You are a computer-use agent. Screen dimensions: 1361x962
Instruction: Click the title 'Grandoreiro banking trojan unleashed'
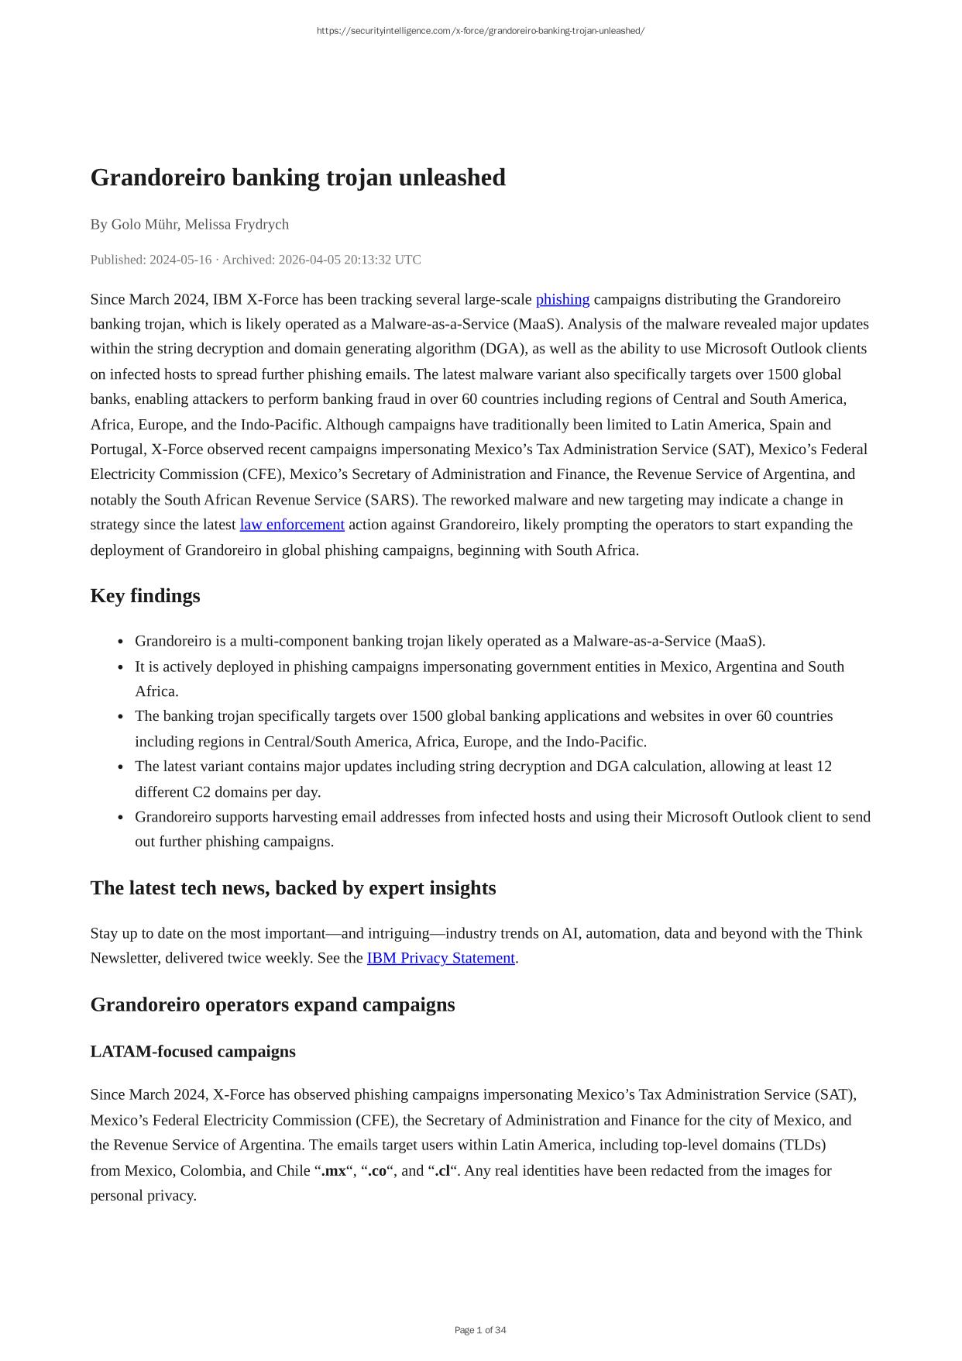[x=297, y=177]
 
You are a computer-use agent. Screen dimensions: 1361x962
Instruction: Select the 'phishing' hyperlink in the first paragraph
[x=562, y=299]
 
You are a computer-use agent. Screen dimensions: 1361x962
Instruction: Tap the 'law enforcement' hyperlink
[x=292, y=525]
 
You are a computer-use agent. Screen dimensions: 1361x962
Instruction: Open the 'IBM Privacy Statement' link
[x=441, y=958]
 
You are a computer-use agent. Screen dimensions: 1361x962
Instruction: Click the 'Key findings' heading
[x=145, y=596]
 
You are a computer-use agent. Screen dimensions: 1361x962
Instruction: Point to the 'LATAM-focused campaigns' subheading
[x=193, y=1052]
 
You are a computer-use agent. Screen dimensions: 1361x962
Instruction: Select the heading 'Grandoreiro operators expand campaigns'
[x=273, y=1004]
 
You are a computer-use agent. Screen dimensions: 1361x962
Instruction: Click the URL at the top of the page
[x=480, y=31]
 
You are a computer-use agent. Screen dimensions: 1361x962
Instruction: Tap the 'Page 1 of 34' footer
[x=480, y=1330]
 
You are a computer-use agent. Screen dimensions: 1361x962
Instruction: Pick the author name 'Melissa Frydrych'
[x=236, y=225]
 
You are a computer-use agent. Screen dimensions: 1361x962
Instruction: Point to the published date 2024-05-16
[x=180, y=260]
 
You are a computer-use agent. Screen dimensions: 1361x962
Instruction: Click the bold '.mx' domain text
[x=334, y=1170]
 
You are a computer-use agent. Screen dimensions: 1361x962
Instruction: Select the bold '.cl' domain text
[x=441, y=1170]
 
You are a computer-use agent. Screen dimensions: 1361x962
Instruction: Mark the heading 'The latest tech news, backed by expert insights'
[x=293, y=888]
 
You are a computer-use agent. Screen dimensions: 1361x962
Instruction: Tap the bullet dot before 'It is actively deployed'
[x=121, y=667]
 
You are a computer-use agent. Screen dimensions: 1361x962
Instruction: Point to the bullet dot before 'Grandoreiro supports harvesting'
[x=121, y=818]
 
